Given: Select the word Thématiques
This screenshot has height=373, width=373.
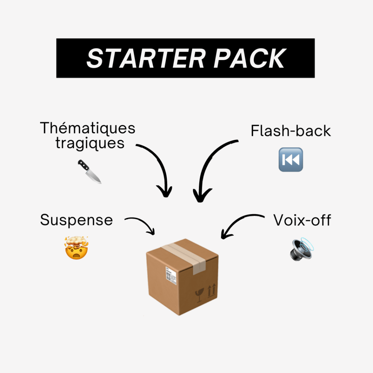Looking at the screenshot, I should [x=87, y=128].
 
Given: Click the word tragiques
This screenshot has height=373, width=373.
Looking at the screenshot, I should [x=90, y=143].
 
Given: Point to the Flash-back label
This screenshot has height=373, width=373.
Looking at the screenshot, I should [x=291, y=131].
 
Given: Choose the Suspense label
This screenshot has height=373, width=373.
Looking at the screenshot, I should [x=76, y=220].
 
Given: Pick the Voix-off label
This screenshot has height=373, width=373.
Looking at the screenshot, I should [x=302, y=220].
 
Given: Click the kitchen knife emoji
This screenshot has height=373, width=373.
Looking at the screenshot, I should [x=90, y=172].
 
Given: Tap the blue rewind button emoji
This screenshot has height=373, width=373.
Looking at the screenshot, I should [x=290, y=160].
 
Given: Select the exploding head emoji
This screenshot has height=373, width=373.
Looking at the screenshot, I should [x=76, y=248].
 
